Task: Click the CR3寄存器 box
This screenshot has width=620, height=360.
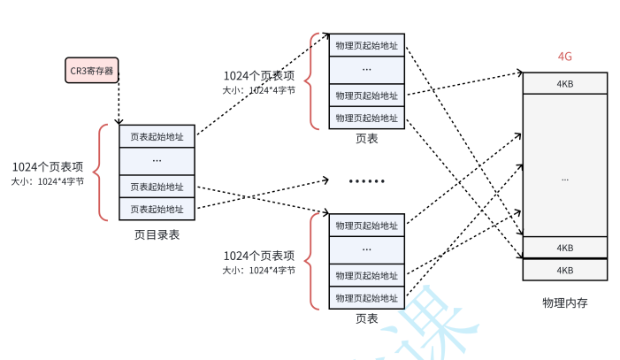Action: click(x=92, y=70)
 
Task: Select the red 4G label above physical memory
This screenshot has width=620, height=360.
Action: click(x=564, y=57)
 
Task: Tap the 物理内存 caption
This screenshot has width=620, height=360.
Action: click(x=564, y=303)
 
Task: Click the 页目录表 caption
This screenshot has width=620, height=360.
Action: click(x=157, y=234)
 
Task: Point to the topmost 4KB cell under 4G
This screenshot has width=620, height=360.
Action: click(x=564, y=83)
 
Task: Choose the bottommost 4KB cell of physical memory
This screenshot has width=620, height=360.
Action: click(x=564, y=270)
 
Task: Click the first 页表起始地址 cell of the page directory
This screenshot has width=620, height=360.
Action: click(x=157, y=136)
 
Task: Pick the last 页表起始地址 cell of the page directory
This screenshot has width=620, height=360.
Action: click(x=157, y=210)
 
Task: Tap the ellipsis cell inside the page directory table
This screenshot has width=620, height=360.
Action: click(x=157, y=161)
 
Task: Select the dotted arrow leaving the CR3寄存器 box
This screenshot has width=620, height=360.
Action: click(x=118, y=103)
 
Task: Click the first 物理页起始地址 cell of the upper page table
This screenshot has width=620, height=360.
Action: click(x=367, y=45)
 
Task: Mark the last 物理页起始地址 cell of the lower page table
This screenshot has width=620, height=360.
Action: click(x=367, y=298)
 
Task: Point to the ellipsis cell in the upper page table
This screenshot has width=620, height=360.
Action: click(x=367, y=69)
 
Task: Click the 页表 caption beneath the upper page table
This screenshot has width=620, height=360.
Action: click(x=367, y=139)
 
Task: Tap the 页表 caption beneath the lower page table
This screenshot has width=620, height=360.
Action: click(x=367, y=318)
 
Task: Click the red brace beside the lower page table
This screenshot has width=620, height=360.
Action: click(x=310, y=262)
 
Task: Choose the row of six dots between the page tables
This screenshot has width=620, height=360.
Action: click(x=366, y=181)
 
